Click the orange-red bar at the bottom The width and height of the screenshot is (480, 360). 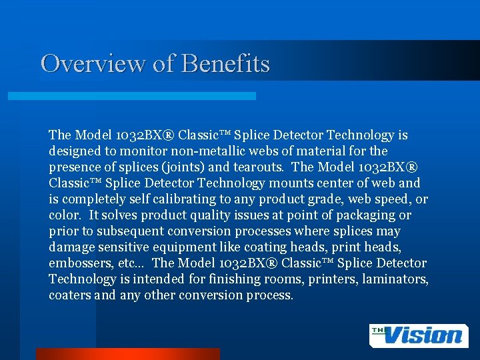(x=127, y=353)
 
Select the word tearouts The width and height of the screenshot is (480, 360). (x=259, y=167)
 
